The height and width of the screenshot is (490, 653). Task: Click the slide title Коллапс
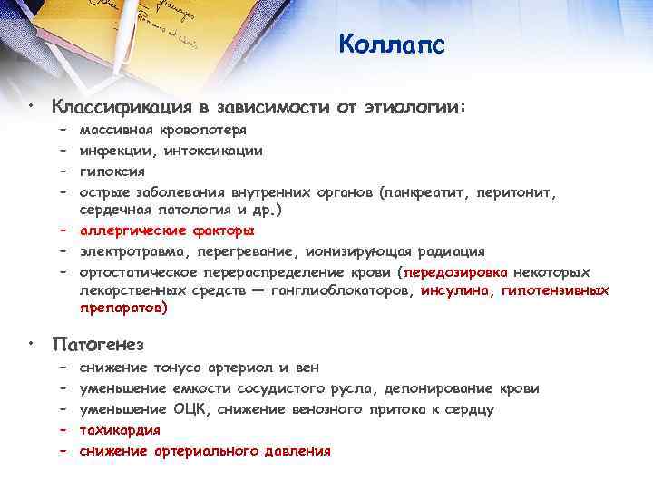click(x=392, y=44)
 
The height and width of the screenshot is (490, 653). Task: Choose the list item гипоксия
click(x=112, y=171)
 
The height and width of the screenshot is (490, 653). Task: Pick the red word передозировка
click(x=456, y=271)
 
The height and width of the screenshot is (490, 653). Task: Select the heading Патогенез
click(x=98, y=345)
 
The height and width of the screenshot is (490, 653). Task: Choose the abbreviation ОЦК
click(x=190, y=409)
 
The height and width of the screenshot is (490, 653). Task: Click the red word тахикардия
click(x=120, y=430)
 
